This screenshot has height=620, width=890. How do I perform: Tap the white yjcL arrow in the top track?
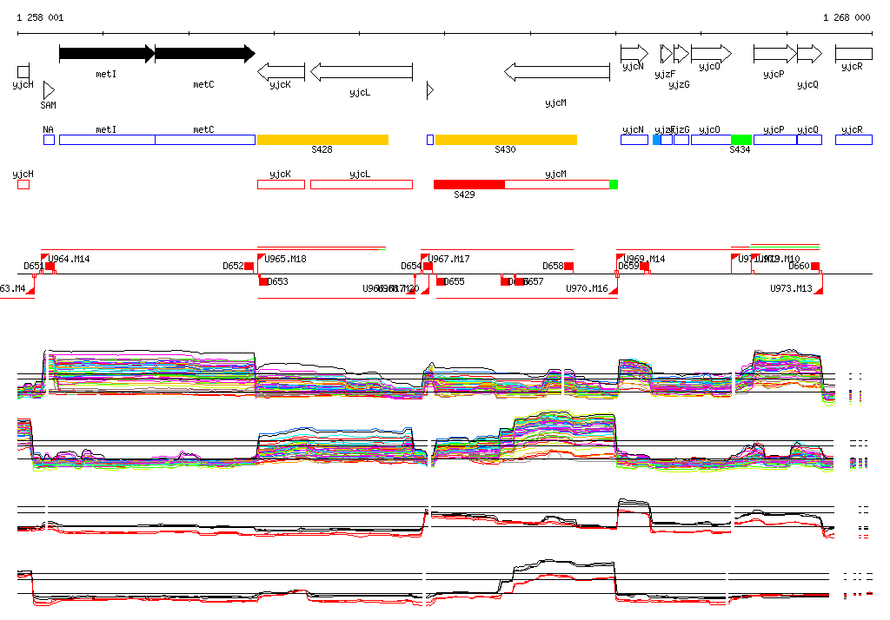pos(360,71)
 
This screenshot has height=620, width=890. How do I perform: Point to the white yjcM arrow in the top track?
pos(557,71)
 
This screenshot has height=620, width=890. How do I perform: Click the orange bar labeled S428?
pos(322,140)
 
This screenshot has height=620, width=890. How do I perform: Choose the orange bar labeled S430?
pos(506,140)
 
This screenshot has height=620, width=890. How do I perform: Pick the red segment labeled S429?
pos(468,184)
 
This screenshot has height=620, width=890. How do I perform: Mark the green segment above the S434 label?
pos(741,140)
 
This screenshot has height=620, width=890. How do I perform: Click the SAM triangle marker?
pos(49,89)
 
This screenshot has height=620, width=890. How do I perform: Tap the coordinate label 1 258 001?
pos(40,17)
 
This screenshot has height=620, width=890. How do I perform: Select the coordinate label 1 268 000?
pos(847,17)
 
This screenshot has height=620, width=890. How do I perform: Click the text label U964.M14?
pos(69,259)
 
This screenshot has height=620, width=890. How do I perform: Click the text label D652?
pos(233,266)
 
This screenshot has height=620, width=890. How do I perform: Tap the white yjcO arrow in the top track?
pos(710,54)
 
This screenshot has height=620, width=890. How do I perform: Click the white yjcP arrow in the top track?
pos(774,54)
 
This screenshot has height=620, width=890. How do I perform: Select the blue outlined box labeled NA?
pos(49,140)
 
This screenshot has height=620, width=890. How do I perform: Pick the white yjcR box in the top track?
pos(853,54)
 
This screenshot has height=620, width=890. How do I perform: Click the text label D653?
pos(277,281)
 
